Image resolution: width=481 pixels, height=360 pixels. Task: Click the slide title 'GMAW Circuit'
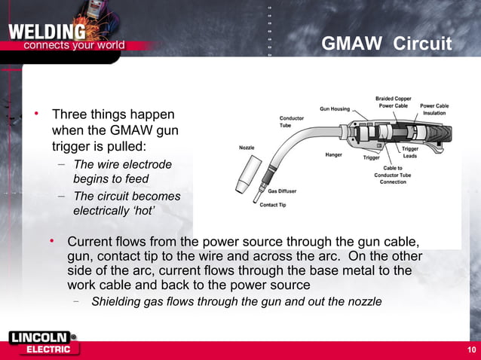(x=386, y=44)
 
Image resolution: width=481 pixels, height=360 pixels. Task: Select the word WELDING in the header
(x=47, y=32)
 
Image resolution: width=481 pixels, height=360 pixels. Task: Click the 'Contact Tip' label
(x=272, y=205)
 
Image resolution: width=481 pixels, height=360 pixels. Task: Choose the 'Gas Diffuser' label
(x=282, y=191)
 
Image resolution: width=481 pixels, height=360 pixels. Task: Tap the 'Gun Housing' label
(x=335, y=108)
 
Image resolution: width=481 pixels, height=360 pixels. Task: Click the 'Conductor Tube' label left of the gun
(x=292, y=121)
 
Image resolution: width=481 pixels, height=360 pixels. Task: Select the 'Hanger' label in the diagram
(x=334, y=154)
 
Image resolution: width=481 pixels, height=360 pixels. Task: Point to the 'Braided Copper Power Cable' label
(x=392, y=102)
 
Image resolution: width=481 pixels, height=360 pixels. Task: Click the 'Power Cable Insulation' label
(x=434, y=109)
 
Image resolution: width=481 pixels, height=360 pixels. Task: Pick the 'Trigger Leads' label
(x=410, y=152)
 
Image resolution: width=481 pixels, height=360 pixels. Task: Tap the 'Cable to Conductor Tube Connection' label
(x=393, y=175)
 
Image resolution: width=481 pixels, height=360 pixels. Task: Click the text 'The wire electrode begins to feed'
(x=121, y=172)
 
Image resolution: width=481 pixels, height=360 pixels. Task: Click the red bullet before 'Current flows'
(x=53, y=241)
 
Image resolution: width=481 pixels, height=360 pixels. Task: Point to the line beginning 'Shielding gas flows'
(x=236, y=302)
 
